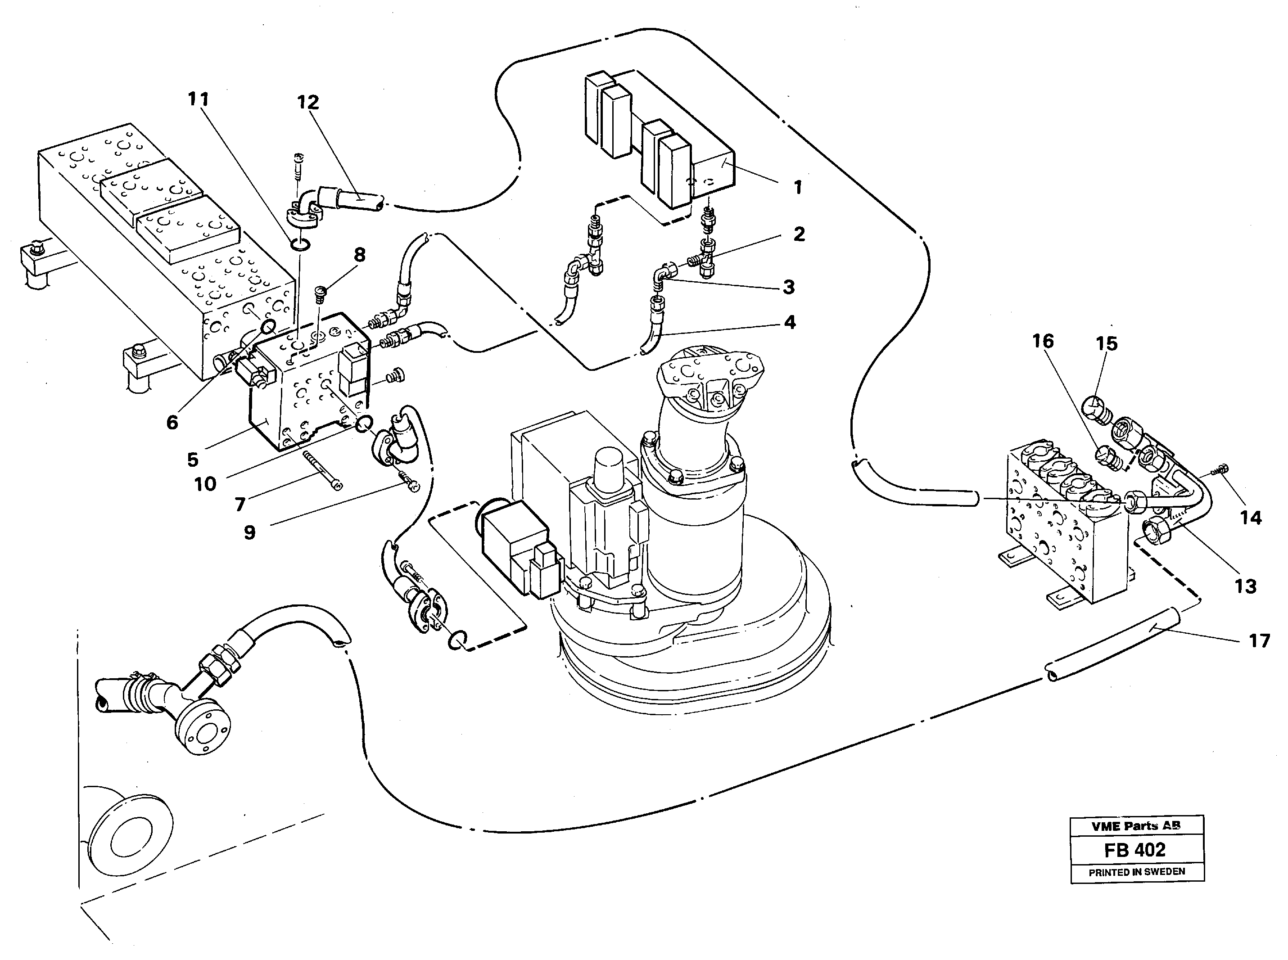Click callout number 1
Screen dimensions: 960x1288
point(798,187)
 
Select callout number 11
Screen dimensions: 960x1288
point(198,99)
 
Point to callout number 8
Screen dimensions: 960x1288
point(360,255)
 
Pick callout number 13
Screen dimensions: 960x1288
point(1246,586)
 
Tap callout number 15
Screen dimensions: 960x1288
point(1107,343)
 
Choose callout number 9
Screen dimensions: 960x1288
point(249,532)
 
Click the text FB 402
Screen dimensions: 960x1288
point(1134,850)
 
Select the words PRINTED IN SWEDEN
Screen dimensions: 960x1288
point(1136,872)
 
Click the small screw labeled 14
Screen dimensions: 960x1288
point(1221,484)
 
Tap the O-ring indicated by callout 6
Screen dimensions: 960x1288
point(268,327)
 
